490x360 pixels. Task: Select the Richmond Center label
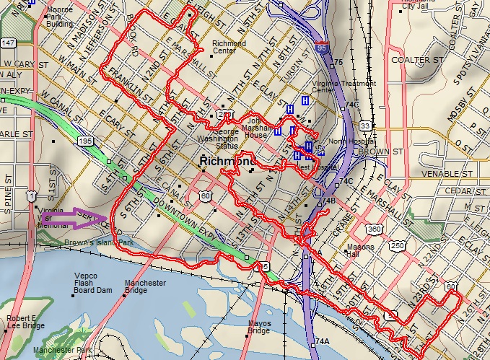(x=229, y=48)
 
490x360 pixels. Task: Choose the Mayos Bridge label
(x=259, y=327)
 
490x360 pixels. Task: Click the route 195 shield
(x=86, y=140)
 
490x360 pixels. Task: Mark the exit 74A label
(x=322, y=341)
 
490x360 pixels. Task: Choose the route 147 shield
(x=7, y=44)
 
